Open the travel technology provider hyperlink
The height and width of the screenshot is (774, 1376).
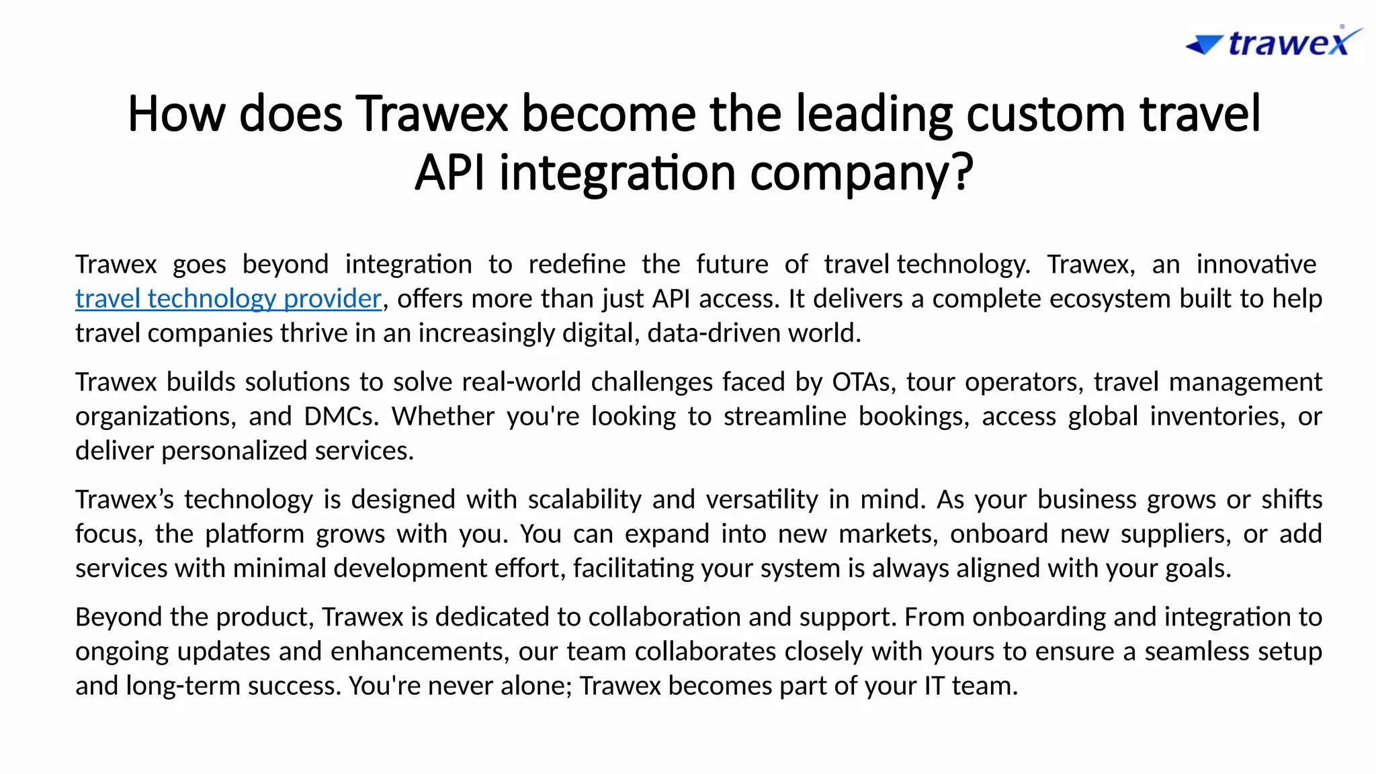(228, 298)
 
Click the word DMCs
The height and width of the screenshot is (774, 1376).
(341, 417)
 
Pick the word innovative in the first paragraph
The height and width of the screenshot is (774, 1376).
(1256, 264)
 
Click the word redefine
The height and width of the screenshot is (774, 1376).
(576, 264)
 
